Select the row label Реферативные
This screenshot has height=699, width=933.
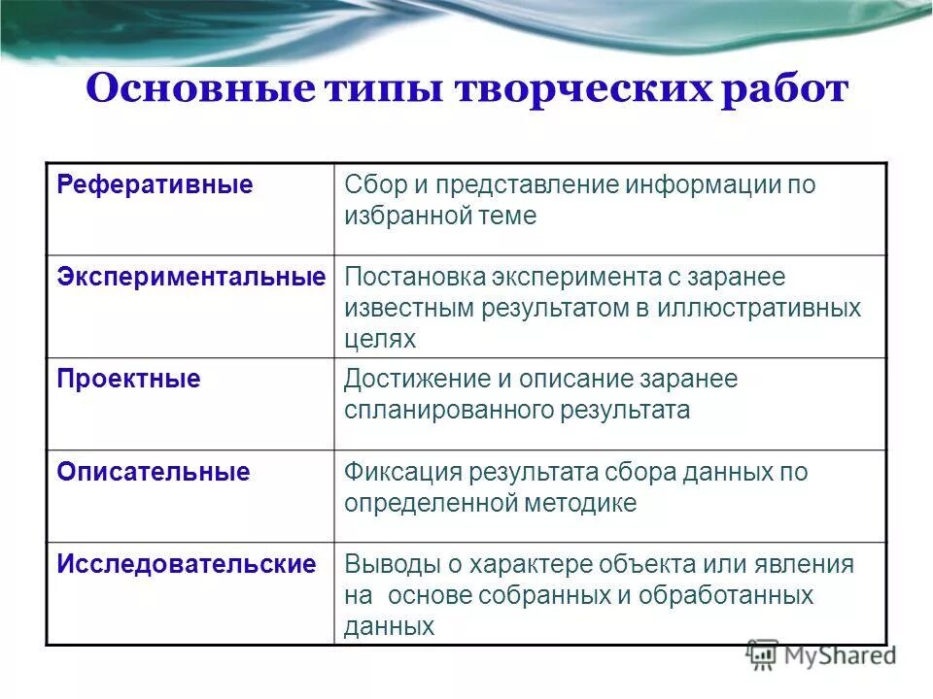coord(155,184)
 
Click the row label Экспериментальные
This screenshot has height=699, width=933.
coord(190,277)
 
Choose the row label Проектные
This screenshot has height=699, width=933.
coord(128,379)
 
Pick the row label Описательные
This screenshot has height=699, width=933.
coord(153,472)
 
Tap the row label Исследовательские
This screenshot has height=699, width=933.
coord(186,564)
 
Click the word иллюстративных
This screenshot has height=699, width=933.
coord(769,308)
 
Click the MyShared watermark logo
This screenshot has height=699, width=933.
coord(822,655)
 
